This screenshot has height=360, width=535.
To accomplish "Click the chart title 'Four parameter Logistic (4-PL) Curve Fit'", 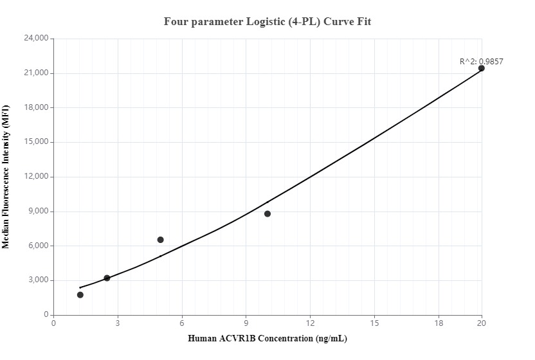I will click(267, 22).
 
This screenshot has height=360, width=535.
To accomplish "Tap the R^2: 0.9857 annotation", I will click(481, 62).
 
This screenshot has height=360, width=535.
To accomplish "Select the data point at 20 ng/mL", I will click(481, 68).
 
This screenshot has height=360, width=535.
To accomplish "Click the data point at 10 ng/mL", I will click(267, 213).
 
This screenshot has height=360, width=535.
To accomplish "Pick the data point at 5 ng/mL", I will click(160, 240).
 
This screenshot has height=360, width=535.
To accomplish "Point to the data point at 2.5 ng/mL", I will click(107, 278).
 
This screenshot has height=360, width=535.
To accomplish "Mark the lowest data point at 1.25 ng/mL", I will click(80, 295).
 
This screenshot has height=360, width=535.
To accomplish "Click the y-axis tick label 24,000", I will click(36, 39).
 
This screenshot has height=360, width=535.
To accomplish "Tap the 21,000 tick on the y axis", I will click(36, 73).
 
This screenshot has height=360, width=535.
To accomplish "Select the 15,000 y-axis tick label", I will click(36, 142).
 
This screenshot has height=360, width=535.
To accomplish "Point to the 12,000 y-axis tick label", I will click(36, 177).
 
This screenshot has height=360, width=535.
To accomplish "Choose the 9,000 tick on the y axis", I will click(38, 212).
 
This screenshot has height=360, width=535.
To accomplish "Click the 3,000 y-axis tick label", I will click(38, 280).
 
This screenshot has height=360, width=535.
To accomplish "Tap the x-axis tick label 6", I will click(182, 323).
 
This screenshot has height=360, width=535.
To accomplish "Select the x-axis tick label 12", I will click(310, 323).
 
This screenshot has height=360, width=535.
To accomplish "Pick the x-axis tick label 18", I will click(439, 323).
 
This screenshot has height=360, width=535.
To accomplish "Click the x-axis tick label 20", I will click(481, 323).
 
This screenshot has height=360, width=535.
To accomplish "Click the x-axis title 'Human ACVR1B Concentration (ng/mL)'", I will click(267, 338).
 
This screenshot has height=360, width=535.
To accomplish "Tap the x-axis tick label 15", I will click(374, 323).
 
